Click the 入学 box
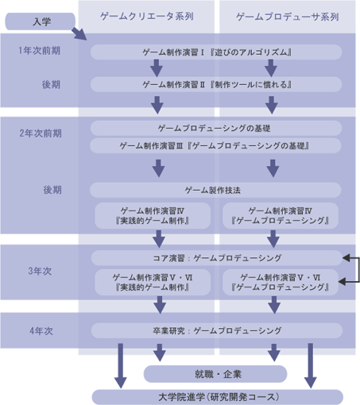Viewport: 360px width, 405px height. (x=41, y=21)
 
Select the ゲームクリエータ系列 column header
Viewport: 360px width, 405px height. (x=146, y=17)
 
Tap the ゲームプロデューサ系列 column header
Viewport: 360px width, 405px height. (x=288, y=17)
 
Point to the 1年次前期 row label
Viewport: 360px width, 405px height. (x=40, y=51)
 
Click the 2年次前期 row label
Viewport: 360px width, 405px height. (x=41, y=133)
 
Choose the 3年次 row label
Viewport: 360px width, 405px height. (x=40, y=271)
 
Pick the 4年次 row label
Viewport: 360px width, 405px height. (x=41, y=331)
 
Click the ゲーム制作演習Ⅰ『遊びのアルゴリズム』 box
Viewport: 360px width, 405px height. (x=216, y=52)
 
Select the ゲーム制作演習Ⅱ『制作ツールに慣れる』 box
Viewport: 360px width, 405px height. (x=216, y=84)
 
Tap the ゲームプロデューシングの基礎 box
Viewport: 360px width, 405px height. (x=216, y=129)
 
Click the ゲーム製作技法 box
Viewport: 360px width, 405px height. (x=215, y=190)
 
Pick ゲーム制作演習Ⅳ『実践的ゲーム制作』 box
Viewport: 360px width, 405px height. (x=153, y=216)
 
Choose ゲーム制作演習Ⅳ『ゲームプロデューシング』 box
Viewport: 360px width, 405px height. (x=281, y=216)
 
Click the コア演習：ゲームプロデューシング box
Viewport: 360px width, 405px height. (x=217, y=258)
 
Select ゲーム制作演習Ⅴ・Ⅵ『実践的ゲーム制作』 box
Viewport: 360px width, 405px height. (x=153, y=283)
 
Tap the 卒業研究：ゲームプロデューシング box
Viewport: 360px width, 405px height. (x=217, y=330)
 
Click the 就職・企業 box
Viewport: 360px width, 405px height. (x=215, y=374)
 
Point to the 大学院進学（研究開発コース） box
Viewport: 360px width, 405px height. (x=218, y=397)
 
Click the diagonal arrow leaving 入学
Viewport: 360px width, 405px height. (x=79, y=33)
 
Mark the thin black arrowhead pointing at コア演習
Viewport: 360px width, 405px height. (x=346, y=258)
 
